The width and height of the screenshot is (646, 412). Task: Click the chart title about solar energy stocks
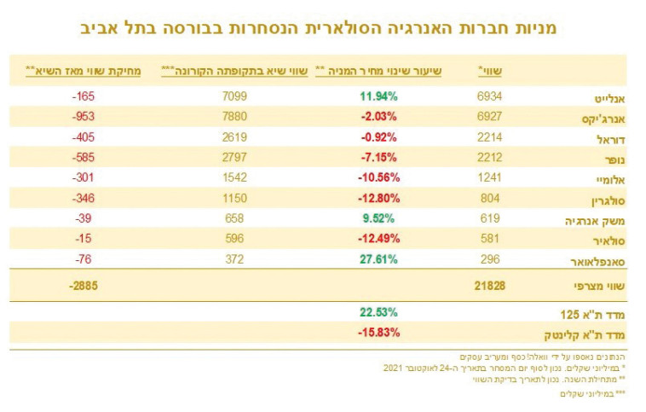pos(323,27)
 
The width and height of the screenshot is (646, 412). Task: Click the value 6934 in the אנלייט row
pos(491,96)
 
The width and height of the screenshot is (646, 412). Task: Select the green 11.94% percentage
pos(378,96)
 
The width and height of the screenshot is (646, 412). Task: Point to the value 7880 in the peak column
pos(233,114)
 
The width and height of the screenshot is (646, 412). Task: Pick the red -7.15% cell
pos(378,157)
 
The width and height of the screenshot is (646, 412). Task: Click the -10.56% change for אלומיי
pos(377,177)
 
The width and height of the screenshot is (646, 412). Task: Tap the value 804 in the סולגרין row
pos(493,198)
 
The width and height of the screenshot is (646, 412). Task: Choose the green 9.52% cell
pos(381,218)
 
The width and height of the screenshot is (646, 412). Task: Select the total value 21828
pos(488,286)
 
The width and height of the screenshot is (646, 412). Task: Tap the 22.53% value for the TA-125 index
pos(378,312)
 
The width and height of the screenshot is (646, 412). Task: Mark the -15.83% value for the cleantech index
pos(377,332)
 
